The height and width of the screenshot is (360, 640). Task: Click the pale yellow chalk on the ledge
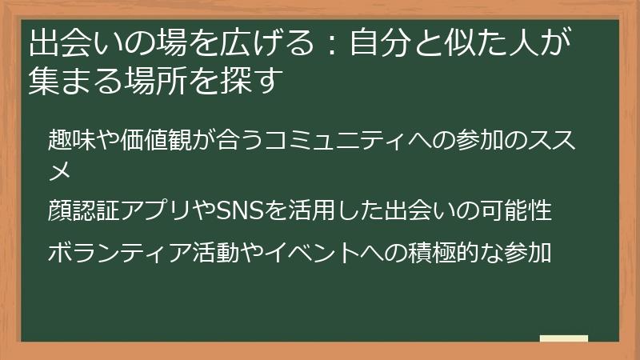click(x=563, y=338)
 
